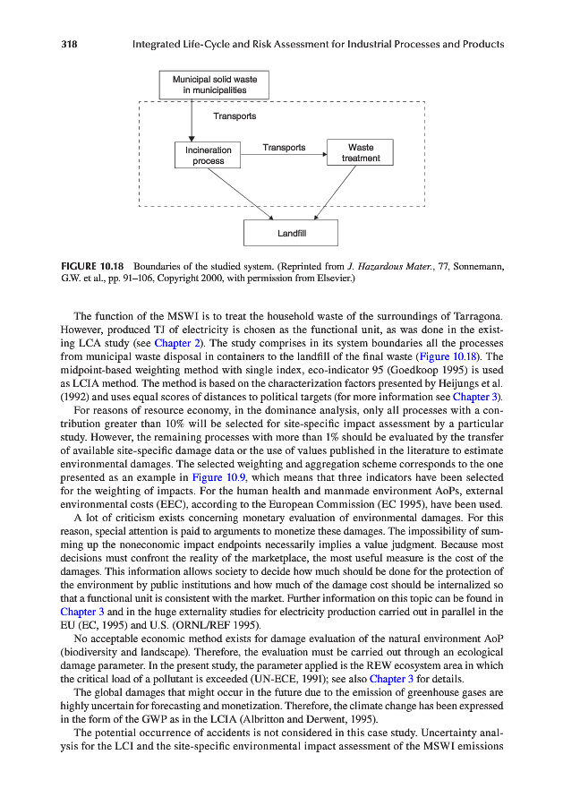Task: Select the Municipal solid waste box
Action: coord(214,85)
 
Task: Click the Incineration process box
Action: coord(208,155)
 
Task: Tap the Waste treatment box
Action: coord(361,152)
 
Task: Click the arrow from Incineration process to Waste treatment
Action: coord(284,155)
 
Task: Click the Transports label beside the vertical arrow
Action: coord(235,116)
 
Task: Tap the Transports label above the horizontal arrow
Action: coord(284,147)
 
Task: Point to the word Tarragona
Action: coord(472,315)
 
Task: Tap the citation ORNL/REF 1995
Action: coord(200,625)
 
